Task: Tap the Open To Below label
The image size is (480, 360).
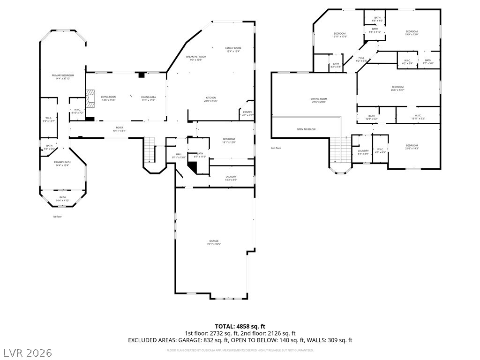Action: pyautogui.click(x=306, y=129)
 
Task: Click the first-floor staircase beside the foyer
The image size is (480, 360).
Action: pyautogui.click(x=150, y=149)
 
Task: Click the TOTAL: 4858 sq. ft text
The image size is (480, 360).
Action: pyautogui.click(x=240, y=326)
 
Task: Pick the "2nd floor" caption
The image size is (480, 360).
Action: pyautogui.click(x=276, y=148)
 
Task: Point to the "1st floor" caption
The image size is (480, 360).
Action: pyautogui.click(x=57, y=217)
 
